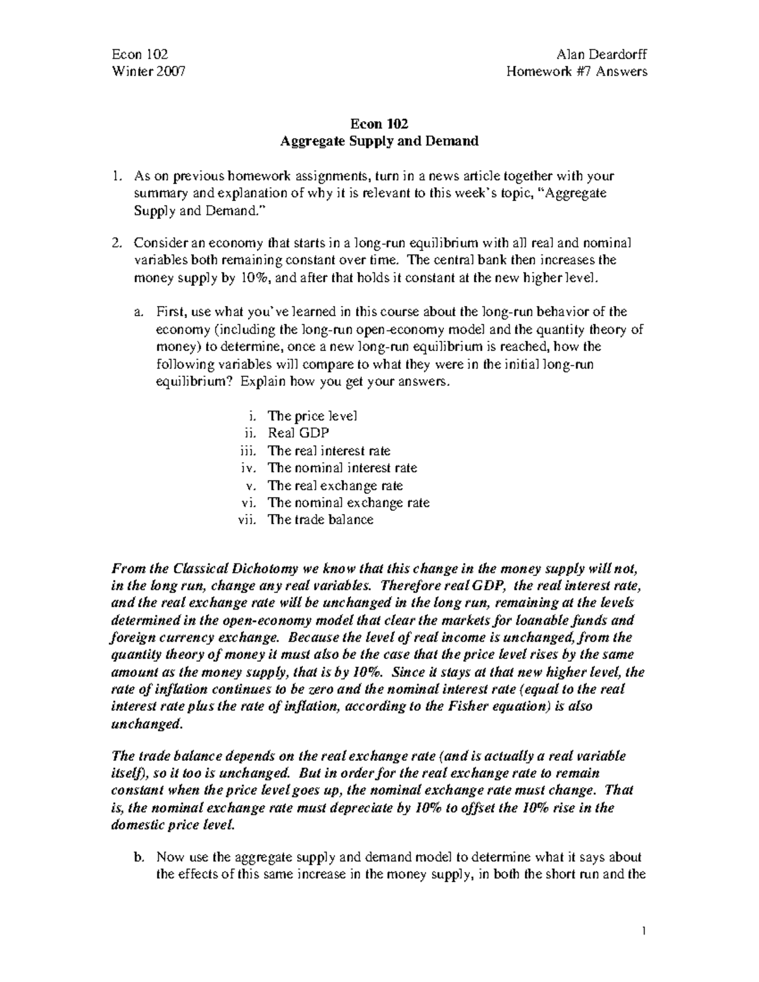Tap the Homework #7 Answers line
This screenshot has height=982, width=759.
(x=577, y=71)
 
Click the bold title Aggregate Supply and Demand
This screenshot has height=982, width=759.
(x=379, y=141)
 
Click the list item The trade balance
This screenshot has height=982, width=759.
(x=321, y=520)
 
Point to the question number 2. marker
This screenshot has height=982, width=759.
(x=117, y=243)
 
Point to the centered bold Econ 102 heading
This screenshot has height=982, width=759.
(x=379, y=124)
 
